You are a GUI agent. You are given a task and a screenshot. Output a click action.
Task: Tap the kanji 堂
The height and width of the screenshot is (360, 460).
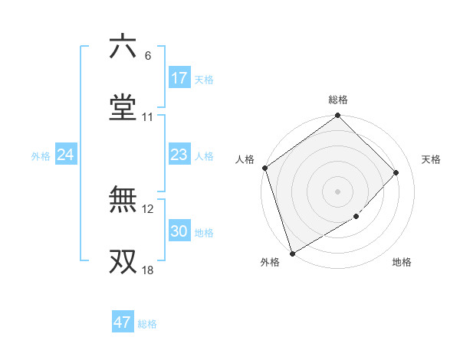point(123,107)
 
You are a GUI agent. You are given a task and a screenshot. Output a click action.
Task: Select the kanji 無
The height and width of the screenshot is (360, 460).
point(123,199)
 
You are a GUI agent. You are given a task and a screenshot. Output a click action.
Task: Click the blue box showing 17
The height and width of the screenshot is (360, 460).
point(179,78)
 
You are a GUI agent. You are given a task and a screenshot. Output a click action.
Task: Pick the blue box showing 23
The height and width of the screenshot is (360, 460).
point(179,155)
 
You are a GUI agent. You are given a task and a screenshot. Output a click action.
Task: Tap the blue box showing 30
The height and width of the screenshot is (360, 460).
point(179,231)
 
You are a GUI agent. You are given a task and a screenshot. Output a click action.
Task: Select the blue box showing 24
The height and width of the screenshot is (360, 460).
point(65,155)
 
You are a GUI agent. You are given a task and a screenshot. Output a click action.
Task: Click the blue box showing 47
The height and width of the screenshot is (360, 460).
point(122,322)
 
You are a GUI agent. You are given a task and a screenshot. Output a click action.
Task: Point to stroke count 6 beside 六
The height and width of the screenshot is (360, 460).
point(147,56)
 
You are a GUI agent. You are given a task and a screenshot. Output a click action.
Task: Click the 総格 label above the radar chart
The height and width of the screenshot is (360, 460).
point(338,100)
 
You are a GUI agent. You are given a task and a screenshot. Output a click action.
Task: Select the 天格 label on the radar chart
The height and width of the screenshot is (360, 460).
point(431,159)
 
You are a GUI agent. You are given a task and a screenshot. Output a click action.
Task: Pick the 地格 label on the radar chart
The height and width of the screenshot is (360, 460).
point(402,263)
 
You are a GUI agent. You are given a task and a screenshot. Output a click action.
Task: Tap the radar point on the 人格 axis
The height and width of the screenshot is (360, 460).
point(264,168)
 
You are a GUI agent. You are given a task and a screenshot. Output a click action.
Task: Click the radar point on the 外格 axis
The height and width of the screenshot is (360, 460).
point(292,253)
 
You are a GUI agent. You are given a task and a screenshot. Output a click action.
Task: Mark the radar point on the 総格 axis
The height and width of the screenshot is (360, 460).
point(337,116)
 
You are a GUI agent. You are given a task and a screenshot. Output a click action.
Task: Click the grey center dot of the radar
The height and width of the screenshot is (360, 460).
point(337,191)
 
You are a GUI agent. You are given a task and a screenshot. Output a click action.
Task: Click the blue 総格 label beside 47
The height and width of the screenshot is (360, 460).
point(147,324)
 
